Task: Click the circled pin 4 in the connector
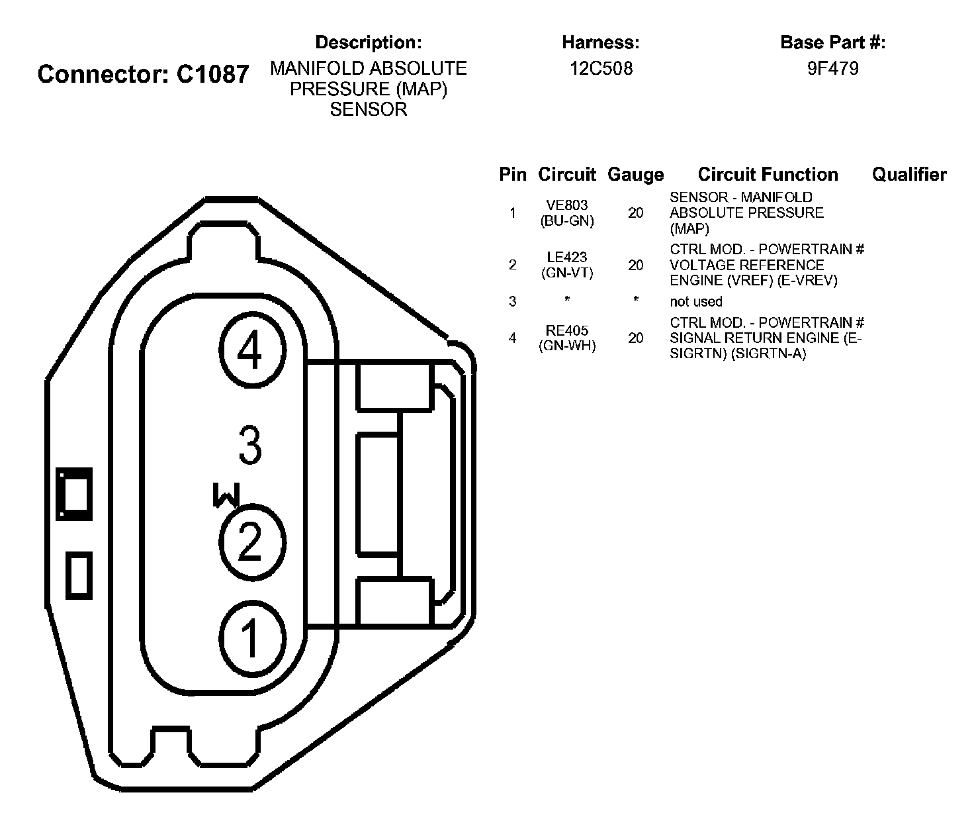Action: pyautogui.click(x=250, y=351)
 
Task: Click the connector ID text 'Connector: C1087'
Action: pyautogui.click(x=143, y=74)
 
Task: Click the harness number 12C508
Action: pyautogui.click(x=601, y=69)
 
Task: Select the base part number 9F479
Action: pyautogui.click(x=832, y=69)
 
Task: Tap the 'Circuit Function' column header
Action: pyautogui.click(x=768, y=175)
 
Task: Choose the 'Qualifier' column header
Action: pyautogui.click(x=908, y=175)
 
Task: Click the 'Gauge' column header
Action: pyautogui.click(x=635, y=175)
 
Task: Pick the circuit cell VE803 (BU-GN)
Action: pyautogui.click(x=567, y=213)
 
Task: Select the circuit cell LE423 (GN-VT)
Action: pyautogui.click(x=567, y=265)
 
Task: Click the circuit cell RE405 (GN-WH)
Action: pyautogui.click(x=567, y=338)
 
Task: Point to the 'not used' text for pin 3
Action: pyautogui.click(x=696, y=302)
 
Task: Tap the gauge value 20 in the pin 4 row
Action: pyautogui.click(x=635, y=338)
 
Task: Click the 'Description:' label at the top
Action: pyautogui.click(x=369, y=43)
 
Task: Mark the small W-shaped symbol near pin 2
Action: pyautogui.click(x=226, y=495)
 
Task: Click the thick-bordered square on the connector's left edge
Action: pyautogui.click(x=74, y=494)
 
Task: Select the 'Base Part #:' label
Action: pyautogui.click(x=832, y=43)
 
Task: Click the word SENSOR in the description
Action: pyautogui.click(x=369, y=109)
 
